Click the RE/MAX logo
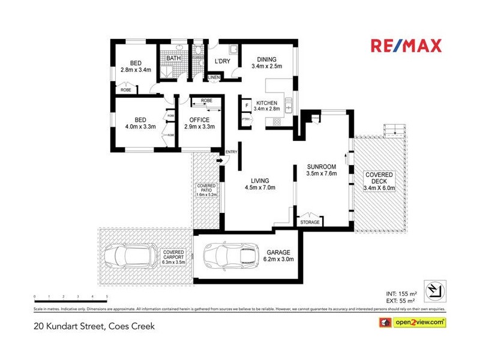406,46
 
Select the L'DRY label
223,62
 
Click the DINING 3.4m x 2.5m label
266,62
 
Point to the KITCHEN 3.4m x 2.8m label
266,106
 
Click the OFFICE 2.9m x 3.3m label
199,123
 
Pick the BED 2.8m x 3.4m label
136,67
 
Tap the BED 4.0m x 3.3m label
140,123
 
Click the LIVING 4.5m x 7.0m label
260,184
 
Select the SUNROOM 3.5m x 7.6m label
322,170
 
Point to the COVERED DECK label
379,181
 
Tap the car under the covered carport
128,257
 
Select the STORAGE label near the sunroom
310,222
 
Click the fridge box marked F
247,106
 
